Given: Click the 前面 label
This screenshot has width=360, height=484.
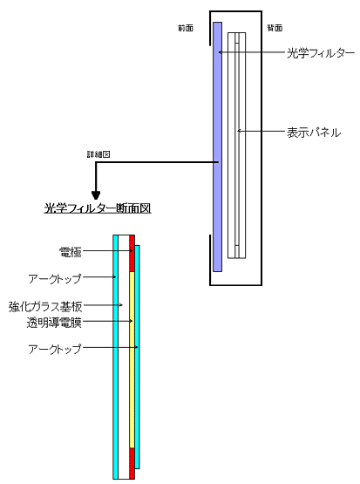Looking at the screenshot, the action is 186,28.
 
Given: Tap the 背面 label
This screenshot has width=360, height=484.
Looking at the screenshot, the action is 275,28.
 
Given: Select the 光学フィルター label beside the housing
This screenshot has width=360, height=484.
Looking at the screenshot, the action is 321,53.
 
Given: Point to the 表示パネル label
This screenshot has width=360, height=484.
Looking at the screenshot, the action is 314,133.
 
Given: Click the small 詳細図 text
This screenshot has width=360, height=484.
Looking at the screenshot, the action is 98,154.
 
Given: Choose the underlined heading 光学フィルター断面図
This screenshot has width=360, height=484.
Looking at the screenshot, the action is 98,208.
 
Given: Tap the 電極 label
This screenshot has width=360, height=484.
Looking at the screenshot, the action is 71,252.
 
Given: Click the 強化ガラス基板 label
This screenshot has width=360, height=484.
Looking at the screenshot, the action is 45,306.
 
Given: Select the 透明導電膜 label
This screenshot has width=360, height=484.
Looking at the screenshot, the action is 54,323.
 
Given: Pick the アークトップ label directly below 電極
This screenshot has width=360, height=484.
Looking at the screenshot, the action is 55,278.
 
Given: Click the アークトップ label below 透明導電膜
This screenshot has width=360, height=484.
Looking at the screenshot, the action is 55,349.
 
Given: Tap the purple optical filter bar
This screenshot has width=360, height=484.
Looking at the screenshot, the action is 217,147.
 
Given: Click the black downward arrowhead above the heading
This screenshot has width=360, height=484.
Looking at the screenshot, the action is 96,195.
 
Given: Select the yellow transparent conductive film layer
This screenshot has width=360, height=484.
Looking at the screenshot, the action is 132,359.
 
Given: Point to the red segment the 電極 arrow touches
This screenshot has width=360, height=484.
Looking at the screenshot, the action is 132,254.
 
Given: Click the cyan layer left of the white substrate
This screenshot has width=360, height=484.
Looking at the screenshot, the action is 115,357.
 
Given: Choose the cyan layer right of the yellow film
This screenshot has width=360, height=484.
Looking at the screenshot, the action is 137,357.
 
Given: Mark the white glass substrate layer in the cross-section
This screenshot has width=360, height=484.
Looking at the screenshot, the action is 124,357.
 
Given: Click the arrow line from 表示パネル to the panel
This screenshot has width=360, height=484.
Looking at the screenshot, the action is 262,131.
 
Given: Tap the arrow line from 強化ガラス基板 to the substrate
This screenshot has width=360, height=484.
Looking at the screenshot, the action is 103,305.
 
